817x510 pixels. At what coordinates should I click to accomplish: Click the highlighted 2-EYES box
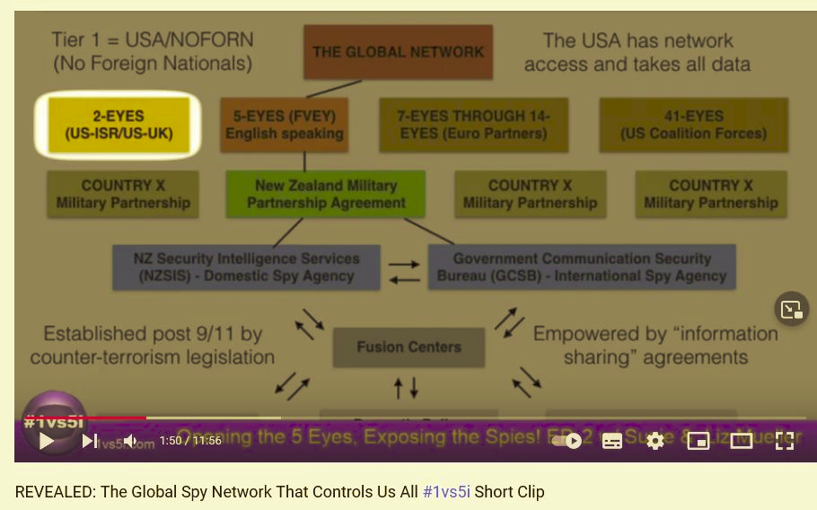118,125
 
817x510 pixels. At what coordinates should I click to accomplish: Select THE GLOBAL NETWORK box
398,51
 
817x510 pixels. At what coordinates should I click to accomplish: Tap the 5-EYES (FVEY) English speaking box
284,125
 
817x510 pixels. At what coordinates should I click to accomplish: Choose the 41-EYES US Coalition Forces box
693,124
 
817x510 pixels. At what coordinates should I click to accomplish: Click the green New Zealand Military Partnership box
326,194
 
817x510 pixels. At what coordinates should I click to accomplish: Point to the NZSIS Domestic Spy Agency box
246,267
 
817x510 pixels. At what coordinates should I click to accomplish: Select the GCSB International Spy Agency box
581,267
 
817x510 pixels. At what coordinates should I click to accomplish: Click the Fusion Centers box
408,347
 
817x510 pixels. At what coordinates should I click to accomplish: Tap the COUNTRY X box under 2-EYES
123,194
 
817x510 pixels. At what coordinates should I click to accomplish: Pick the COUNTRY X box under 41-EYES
710,194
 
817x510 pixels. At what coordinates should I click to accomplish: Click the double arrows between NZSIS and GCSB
403,271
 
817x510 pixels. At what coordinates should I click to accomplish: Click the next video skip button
90,441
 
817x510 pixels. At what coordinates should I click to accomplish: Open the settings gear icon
655,441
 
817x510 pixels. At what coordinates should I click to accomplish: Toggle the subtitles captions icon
612,441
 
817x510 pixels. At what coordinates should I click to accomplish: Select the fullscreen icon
785,441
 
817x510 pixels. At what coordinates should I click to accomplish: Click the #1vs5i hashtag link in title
446,492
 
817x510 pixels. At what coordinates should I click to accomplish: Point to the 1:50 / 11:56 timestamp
189,441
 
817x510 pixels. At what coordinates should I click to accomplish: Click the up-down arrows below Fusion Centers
406,388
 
